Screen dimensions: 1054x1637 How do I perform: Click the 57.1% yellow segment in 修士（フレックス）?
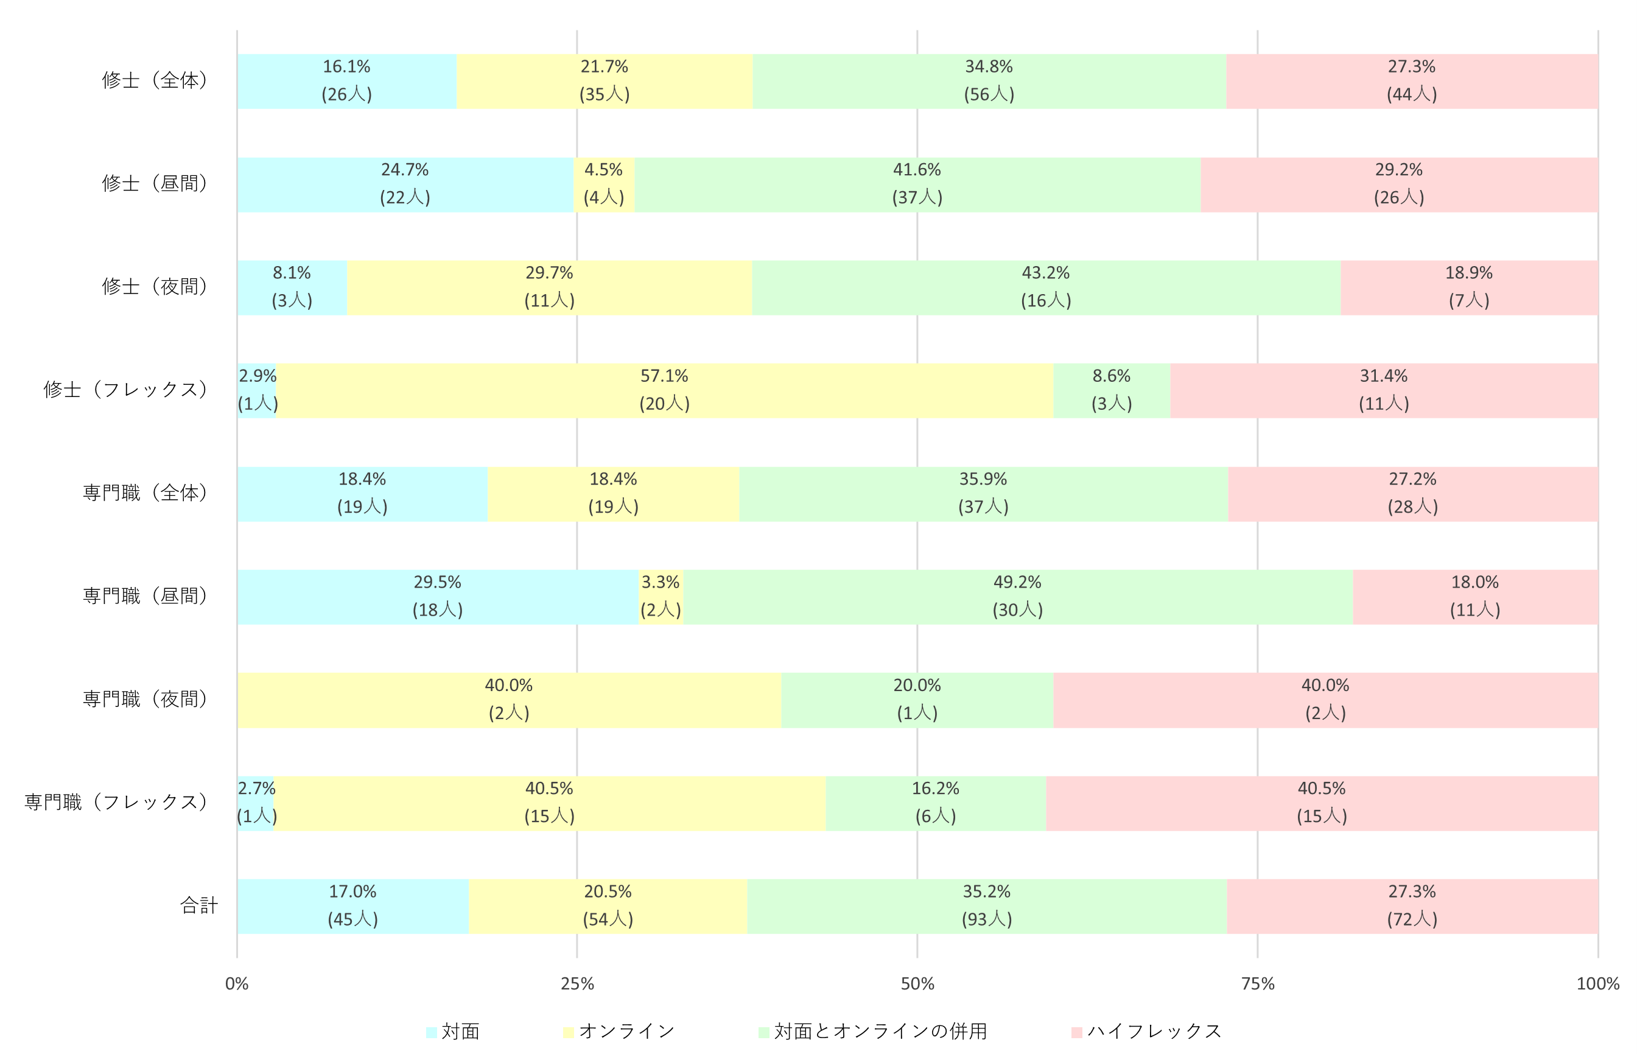coord(664,390)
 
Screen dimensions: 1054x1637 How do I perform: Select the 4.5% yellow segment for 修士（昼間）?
coord(603,184)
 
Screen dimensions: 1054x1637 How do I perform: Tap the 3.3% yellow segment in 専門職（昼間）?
coord(660,596)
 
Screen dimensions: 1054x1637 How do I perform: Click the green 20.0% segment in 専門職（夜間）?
coord(916,700)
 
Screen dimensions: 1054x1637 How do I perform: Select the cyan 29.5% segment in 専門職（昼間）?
coord(437,596)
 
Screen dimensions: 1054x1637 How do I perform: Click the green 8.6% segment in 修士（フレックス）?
coord(1110,390)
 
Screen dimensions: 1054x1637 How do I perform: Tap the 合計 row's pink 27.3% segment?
coord(1411,905)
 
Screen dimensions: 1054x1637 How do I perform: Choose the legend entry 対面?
coord(452,1031)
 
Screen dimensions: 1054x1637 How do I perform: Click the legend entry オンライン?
coord(619,1031)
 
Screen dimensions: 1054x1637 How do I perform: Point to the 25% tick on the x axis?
coord(577,983)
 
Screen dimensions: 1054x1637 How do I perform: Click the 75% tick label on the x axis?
coord(1257,983)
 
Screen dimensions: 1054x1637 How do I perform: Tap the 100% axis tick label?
coord(1597,983)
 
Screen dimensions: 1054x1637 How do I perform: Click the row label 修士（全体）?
coord(155,81)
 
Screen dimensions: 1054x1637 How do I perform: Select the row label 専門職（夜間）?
coord(145,700)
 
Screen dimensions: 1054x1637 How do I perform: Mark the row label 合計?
coord(198,905)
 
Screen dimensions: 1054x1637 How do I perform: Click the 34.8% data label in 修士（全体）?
coord(988,67)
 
